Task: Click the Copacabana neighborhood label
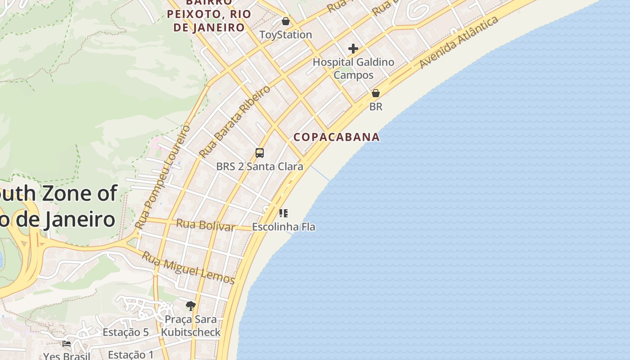click(337, 137)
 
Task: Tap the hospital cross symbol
click(353, 49)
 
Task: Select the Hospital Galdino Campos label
click(353, 68)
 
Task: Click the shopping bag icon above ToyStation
click(285, 21)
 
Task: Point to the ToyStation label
click(285, 35)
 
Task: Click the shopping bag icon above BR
click(375, 93)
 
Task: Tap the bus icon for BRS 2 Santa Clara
click(260, 153)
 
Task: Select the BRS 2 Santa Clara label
click(260, 166)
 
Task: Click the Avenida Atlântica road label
click(459, 42)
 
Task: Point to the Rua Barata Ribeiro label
click(234, 121)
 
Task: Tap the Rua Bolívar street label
click(205, 225)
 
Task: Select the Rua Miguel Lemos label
click(188, 268)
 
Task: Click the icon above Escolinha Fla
click(283, 213)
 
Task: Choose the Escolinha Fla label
click(283, 227)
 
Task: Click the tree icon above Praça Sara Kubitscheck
click(191, 306)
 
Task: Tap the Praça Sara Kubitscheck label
click(191, 326)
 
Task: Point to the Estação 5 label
click(126, 333)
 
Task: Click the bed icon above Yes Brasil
click(67, 344)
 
